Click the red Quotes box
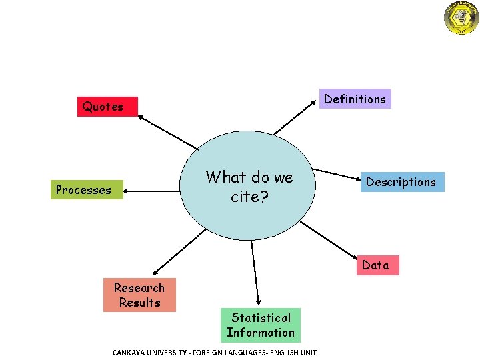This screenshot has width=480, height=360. pyautogui.click(x=103, y=106)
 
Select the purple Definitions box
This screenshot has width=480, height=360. pyautogui.click(x=354, y=99)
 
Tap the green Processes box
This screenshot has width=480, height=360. pyautogui.click(x=84, y=190)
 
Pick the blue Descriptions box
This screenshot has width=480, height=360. pyautogui.click(x=401, y=182)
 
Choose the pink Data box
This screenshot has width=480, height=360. pyautogui.click(x=375, y=265)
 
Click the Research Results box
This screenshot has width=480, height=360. pyautogui.click(x=139, y=295)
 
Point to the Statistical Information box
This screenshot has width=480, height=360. pyautogui.click(x=261, y=325)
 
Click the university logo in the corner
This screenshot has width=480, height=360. pyautogui.click(x=461, y=17)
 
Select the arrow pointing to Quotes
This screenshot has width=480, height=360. pyautogui.click(x=168, y=131)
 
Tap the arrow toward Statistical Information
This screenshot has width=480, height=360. pyautogui.click(x=255, y=273)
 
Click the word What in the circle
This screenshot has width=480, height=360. pyautogui.click(x=227, y=177)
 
